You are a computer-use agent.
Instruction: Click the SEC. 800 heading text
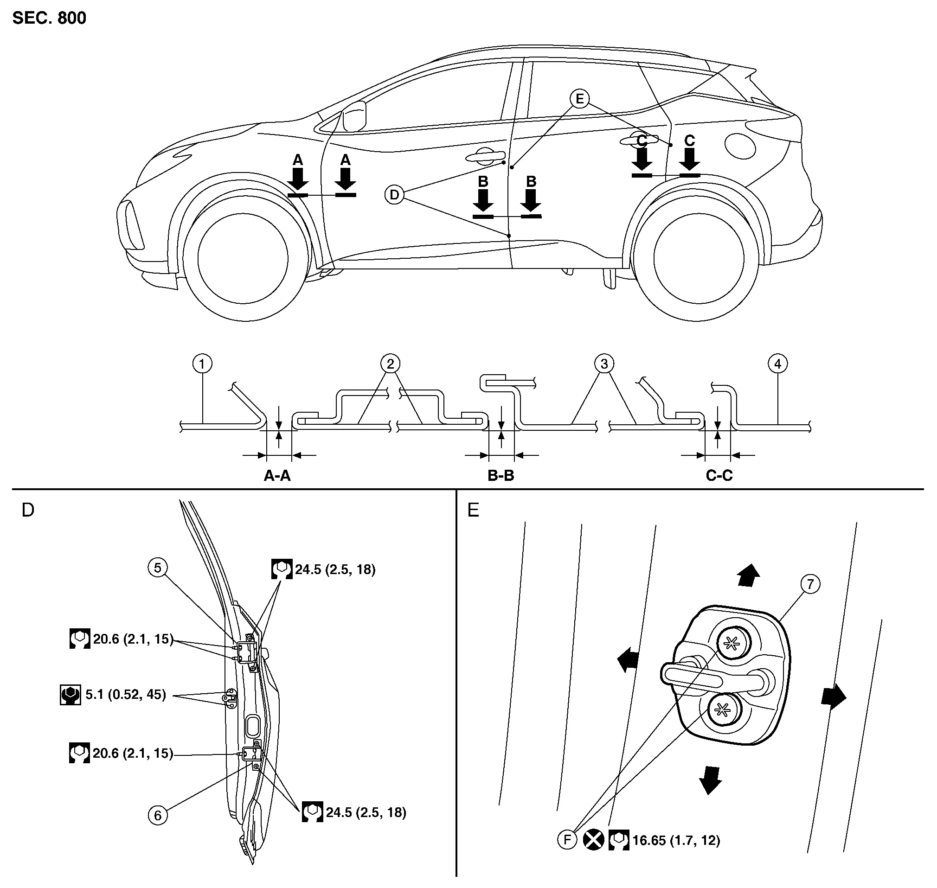click(49, 18)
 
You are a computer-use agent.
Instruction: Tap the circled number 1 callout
click(202, 364)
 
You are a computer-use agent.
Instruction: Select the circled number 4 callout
click(777, 364)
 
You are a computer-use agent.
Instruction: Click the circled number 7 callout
click(810, 584)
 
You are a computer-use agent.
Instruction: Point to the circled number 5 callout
click(158, 568)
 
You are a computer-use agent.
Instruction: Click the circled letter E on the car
click(579, 99)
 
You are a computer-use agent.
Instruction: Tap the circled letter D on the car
click(394, 195)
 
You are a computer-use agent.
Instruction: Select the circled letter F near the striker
click(567, 840)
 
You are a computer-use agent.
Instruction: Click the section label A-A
click(277, 475)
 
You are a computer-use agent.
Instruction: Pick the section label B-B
click(501, 475)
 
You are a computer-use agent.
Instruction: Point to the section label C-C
click(719, 475)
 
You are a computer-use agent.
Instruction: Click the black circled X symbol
click(593, 840)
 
